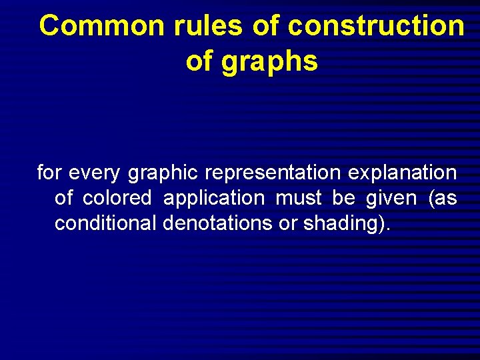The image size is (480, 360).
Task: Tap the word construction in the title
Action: [x=377, y=27]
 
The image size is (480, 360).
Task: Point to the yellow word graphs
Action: [x=274, y=61]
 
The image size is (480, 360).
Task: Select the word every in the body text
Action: [x=95, y=173]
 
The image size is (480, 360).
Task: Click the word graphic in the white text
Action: [x=163, y=173]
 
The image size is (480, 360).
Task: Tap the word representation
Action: [x=273, y=173]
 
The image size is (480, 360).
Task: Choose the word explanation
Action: [x=403, y=173]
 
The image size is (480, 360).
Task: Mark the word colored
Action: [x=117, y=199]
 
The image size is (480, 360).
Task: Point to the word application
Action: [x=214, y=199]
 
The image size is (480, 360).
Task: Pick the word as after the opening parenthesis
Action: [x=445, y=199]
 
